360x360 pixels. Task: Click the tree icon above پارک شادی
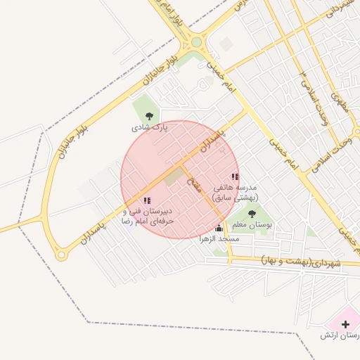(148, 116)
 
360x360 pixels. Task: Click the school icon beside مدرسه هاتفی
(234, 177)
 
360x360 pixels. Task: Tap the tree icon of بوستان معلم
(252, 214)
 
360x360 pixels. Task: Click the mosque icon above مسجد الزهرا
(219, 228)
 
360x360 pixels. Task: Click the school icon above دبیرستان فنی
(146, 200)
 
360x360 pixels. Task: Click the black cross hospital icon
(321, 336)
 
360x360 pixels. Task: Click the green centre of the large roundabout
(196, 42)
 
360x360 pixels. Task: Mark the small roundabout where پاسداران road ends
(62, 255)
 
